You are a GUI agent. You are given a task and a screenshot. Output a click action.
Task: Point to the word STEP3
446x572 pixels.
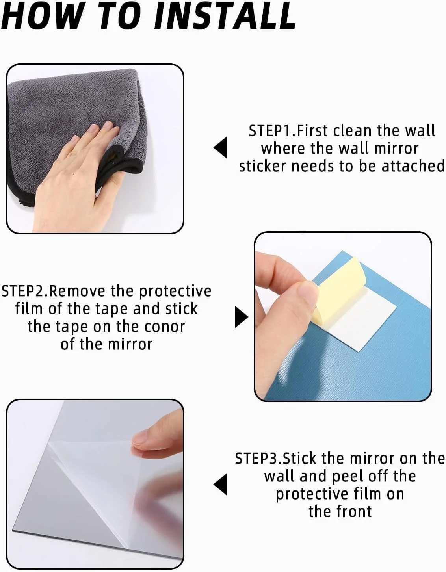[x=256, y=459]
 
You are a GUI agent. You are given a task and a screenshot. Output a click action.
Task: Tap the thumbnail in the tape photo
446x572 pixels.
[x=307, y=293]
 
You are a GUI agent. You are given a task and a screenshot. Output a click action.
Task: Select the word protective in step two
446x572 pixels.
[x=175, y=292]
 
